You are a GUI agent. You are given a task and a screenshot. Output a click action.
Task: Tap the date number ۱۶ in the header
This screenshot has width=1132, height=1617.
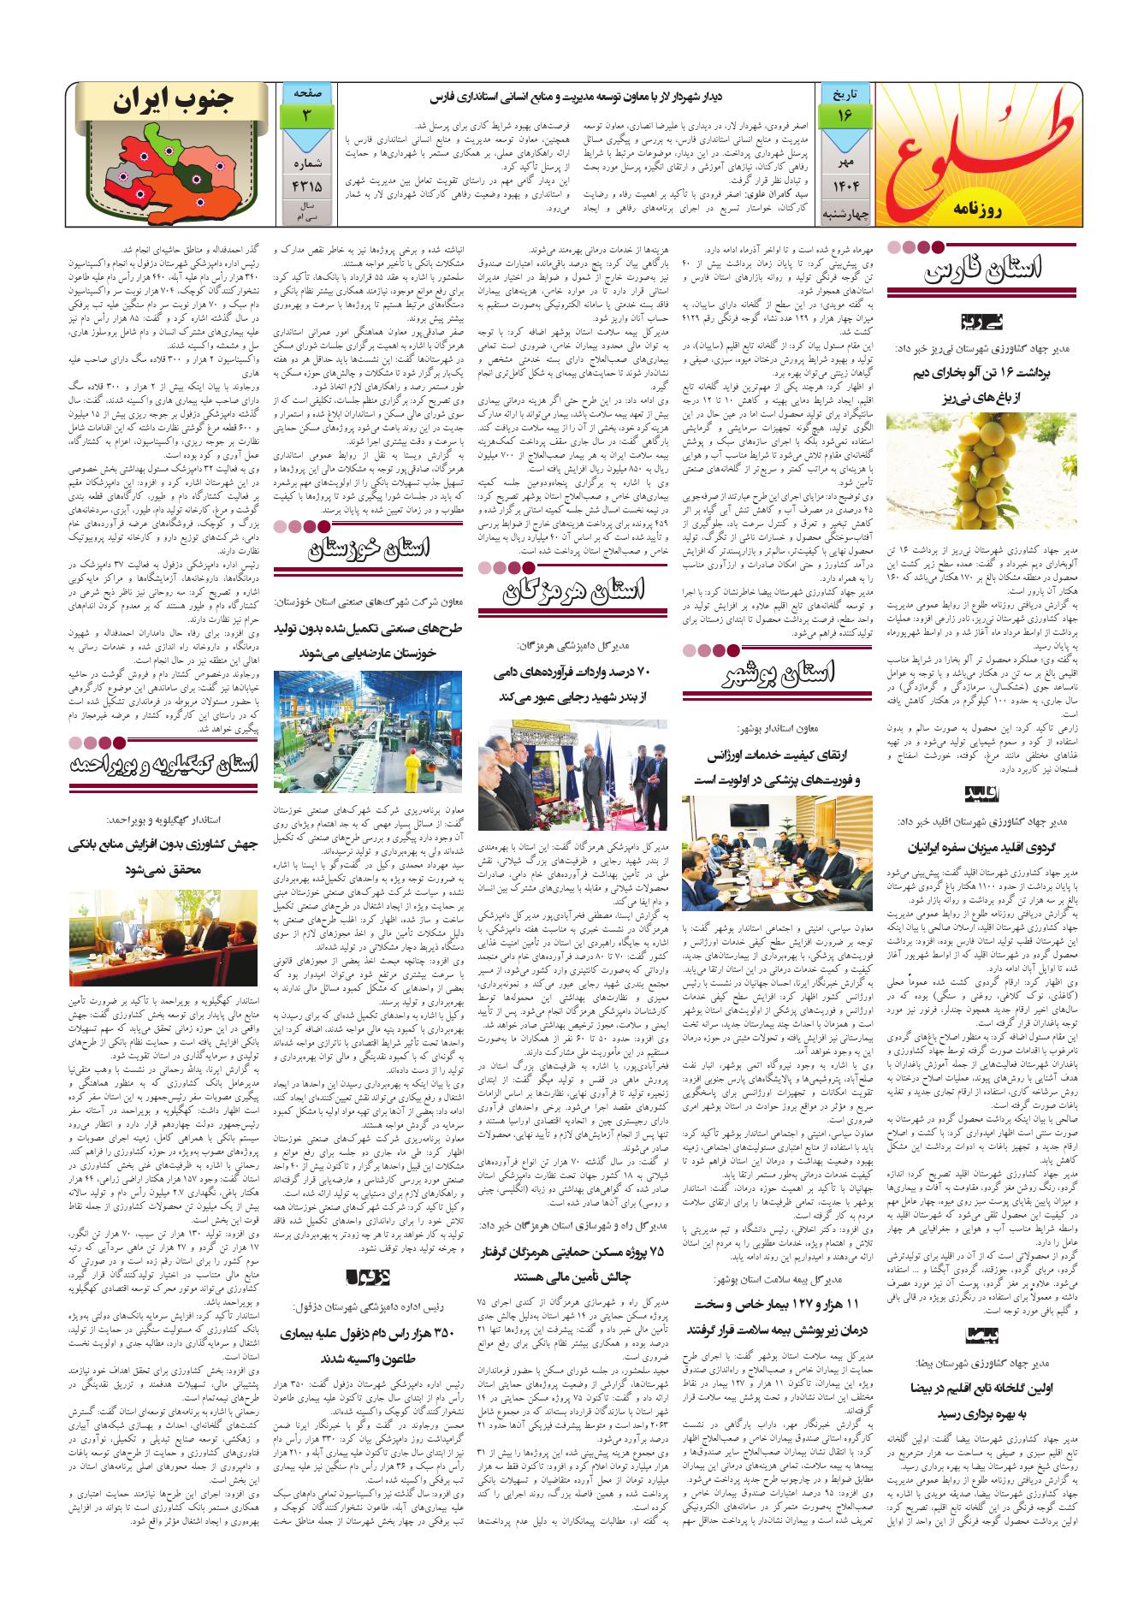pyautogui.click(x=845, y=114)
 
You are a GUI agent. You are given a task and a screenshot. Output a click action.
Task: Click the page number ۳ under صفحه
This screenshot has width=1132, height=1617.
pyautogui.click(x=305, y=115)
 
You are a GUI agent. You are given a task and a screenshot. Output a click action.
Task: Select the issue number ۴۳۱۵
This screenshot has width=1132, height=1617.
pyautogui.click(x=305, y=183)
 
